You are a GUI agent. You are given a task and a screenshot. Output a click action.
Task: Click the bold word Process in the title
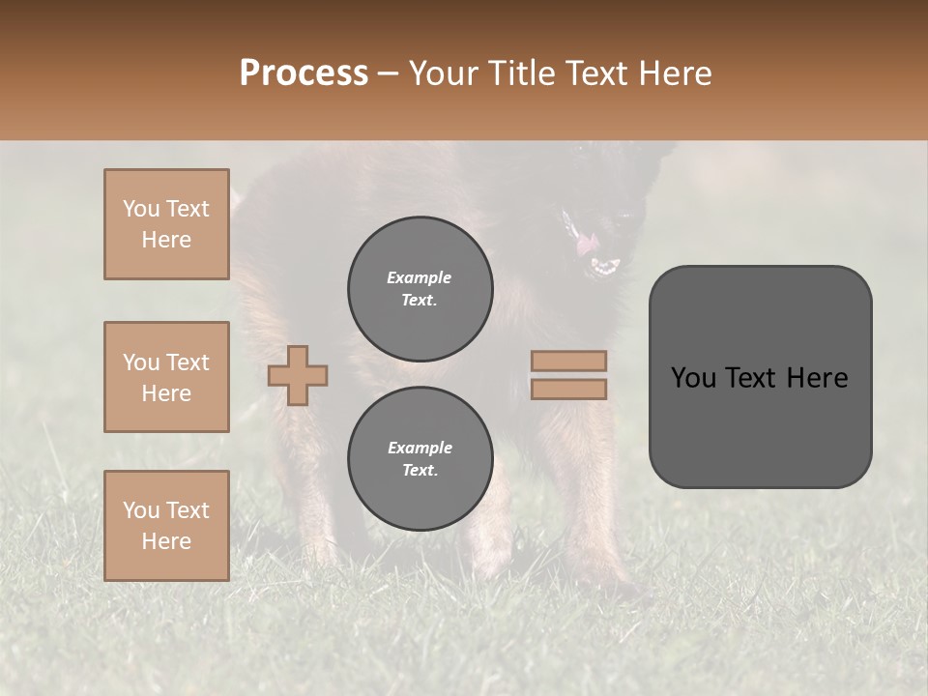(x=304, y=73)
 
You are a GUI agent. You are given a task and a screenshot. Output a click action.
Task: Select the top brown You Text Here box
(x=166, y=224)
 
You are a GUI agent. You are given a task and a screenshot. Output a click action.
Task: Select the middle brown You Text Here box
(x=166, y=377)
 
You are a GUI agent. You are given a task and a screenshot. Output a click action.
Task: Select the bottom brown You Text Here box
(x=166, y=525)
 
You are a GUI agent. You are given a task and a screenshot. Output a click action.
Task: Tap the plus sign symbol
(x=298, y=375)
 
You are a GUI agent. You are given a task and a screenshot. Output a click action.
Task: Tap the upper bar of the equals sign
(x=568, y=361)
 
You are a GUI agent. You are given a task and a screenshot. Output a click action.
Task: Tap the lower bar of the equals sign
(x=568, y=389)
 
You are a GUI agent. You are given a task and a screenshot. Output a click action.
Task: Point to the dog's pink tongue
(x=587, y=246)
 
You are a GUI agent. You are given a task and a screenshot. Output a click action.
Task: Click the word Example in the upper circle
(x=419, y=277)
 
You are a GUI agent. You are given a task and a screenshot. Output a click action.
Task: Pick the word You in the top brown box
(x=141, y=209)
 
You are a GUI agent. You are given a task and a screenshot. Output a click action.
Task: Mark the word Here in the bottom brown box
(x=166, y=541)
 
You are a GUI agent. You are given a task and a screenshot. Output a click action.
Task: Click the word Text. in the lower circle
(x=420, y=471)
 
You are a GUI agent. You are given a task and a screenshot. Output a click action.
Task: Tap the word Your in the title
(x=445, y=73)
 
